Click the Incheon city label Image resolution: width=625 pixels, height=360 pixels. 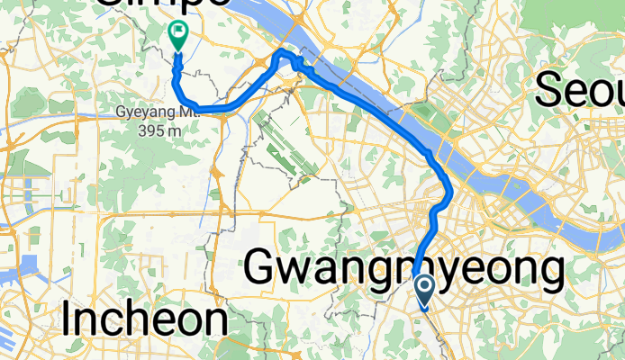point(145,319)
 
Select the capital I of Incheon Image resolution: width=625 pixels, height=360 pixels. point(69,319)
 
